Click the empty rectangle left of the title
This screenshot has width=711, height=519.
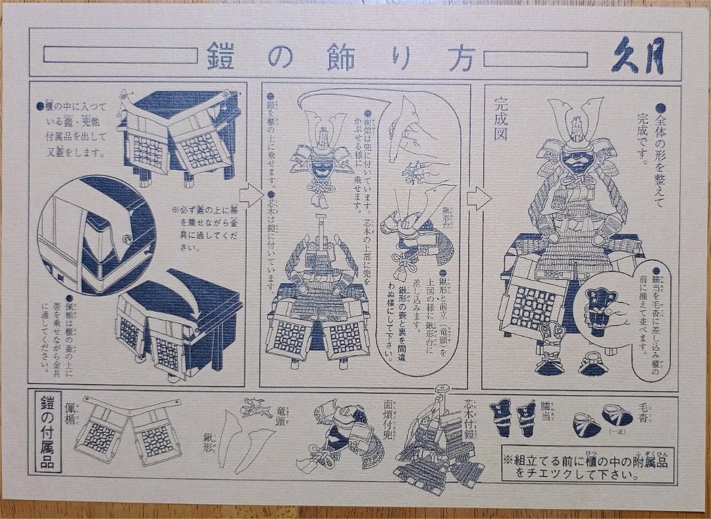(x=120, y=55)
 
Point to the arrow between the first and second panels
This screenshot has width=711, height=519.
(x=251, y=195)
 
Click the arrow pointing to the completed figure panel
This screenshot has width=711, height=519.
(x=479, y=198)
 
